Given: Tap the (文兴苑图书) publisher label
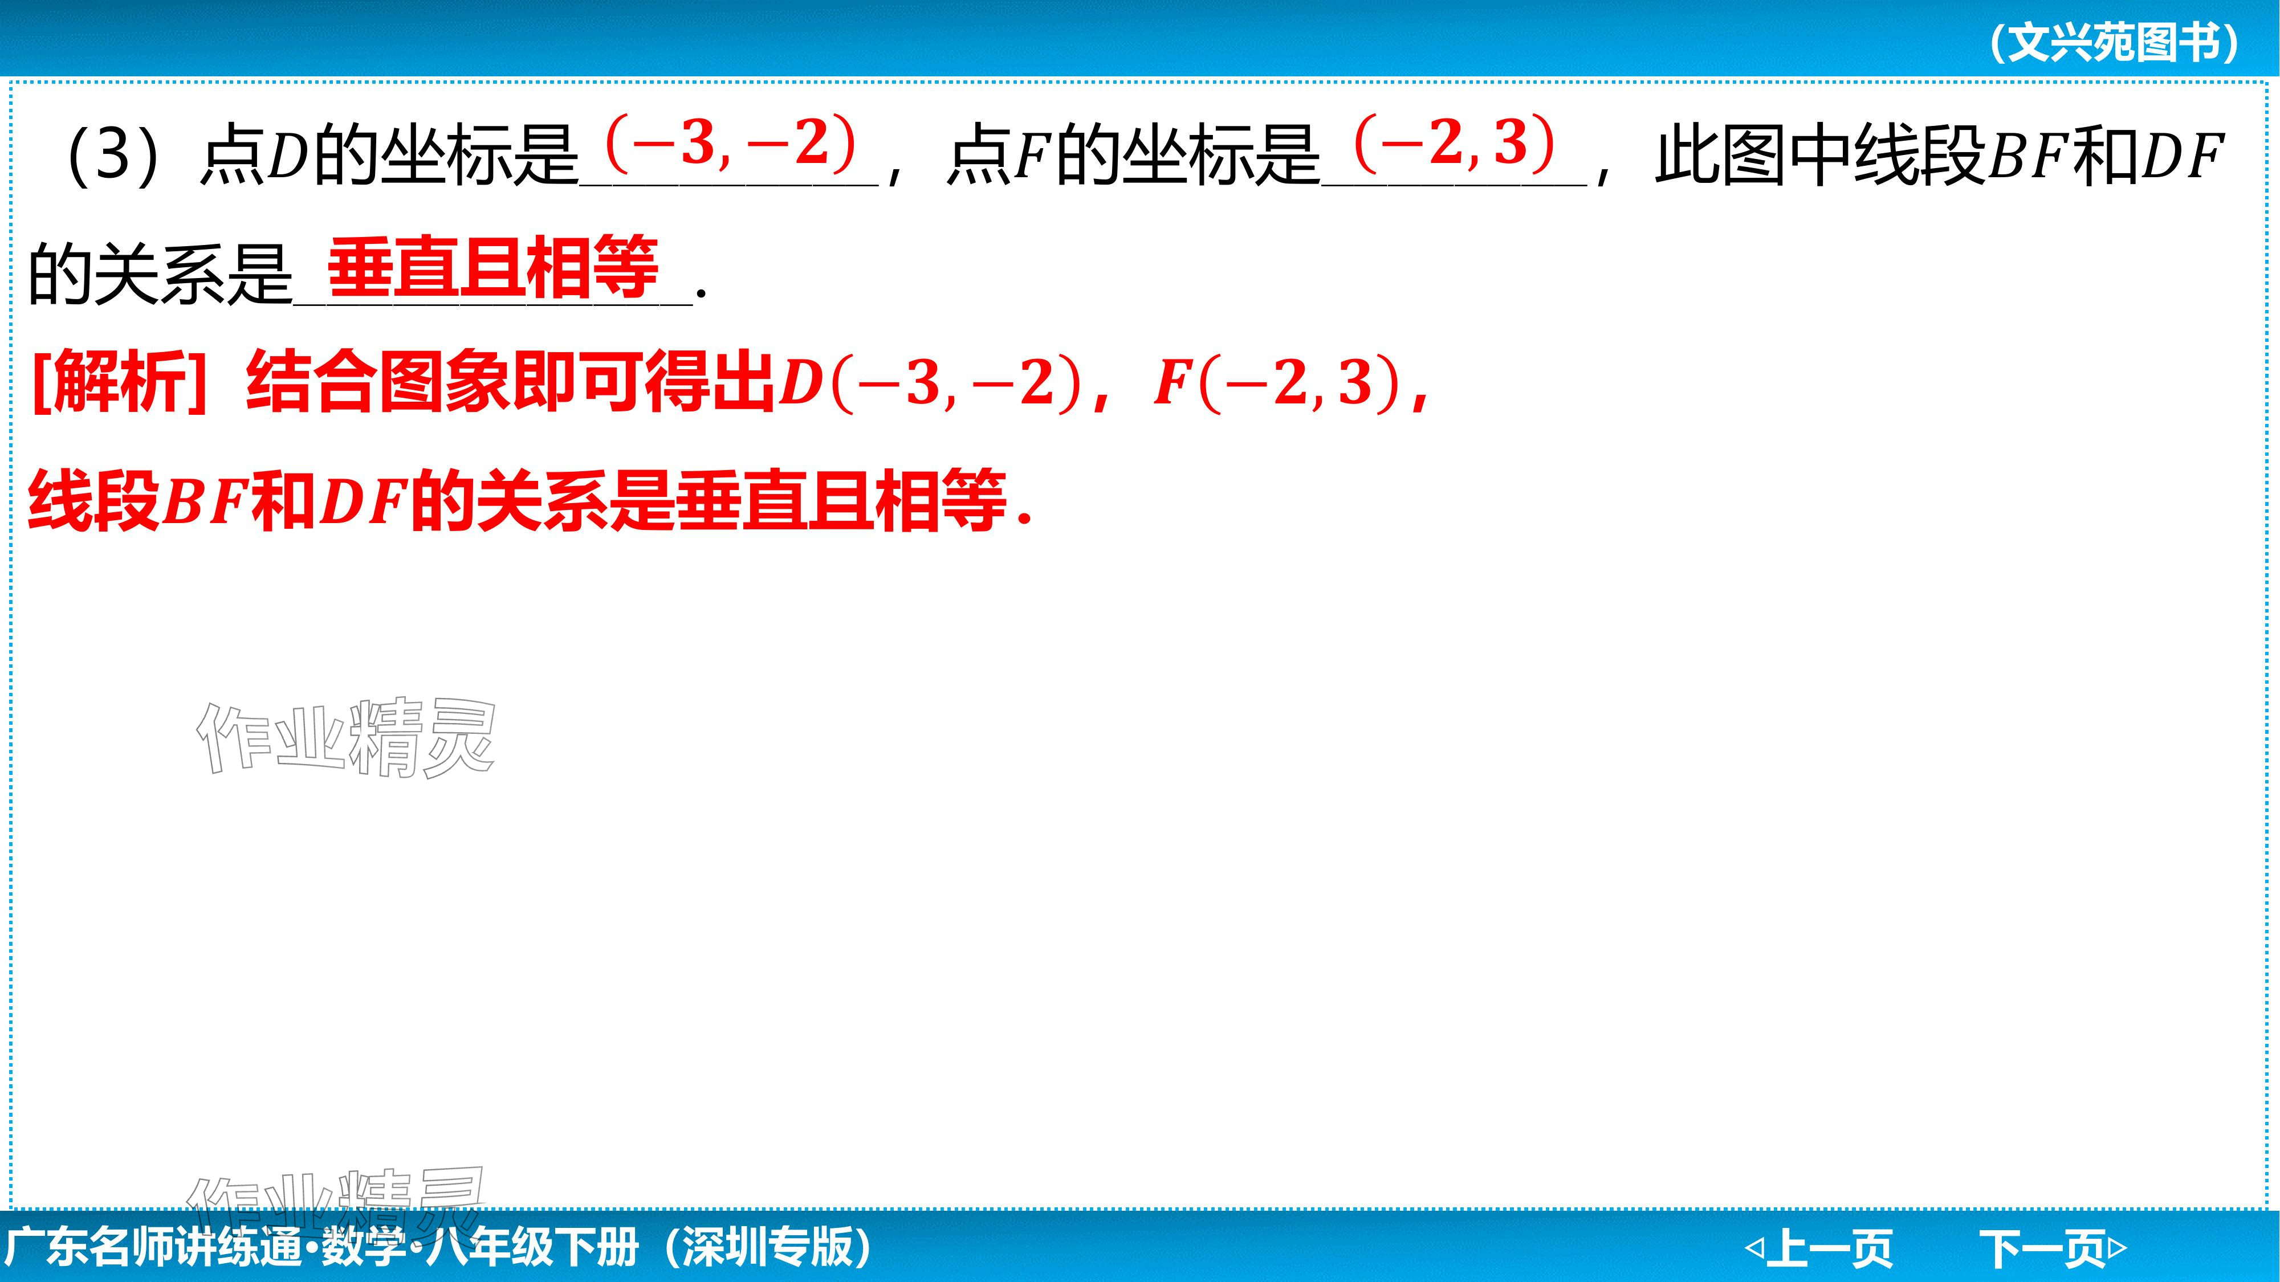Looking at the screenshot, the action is [x=2115, y=42].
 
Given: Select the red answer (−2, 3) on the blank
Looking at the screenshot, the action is [x=1454, y=144].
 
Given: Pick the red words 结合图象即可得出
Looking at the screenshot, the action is [x=511, y=382].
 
